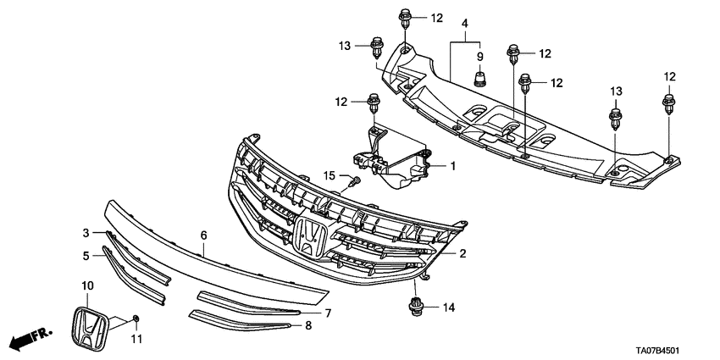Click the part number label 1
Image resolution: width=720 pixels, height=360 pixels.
[x=452, y=166]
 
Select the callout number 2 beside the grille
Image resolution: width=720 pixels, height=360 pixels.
[x=463, y=253]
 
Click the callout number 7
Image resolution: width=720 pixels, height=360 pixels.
[x=328, y=313]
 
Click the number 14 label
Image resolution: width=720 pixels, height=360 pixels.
[x=449, y=307]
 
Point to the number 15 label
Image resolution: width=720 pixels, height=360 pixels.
[x=330, y=175]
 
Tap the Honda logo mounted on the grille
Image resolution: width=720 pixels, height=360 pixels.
[x=311, y=234]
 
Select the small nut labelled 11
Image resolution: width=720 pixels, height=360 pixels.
[x=136, y=319]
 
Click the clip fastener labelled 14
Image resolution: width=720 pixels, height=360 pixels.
[x=416, y=307]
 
